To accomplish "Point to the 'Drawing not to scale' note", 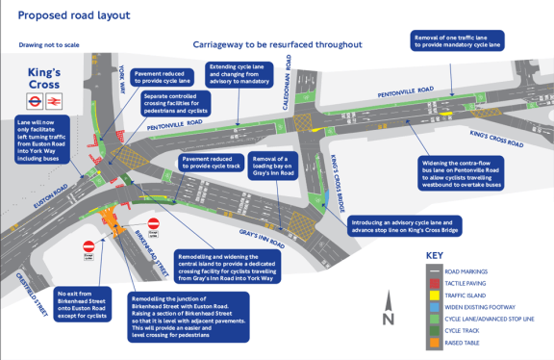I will (50, 44).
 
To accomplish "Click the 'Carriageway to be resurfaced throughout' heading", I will (276, 44).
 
